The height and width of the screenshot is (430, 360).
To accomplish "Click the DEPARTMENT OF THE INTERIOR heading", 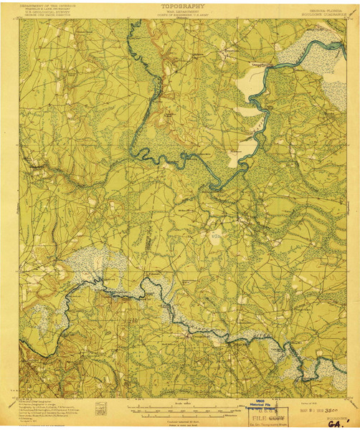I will click(43, 4).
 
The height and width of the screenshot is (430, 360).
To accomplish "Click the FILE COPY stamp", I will click(262, 414).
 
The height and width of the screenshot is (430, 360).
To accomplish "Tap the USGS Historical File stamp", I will click(262, 404).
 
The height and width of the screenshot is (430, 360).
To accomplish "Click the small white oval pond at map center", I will click(235, 154).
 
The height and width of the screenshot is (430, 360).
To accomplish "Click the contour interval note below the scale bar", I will click(179, 418).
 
